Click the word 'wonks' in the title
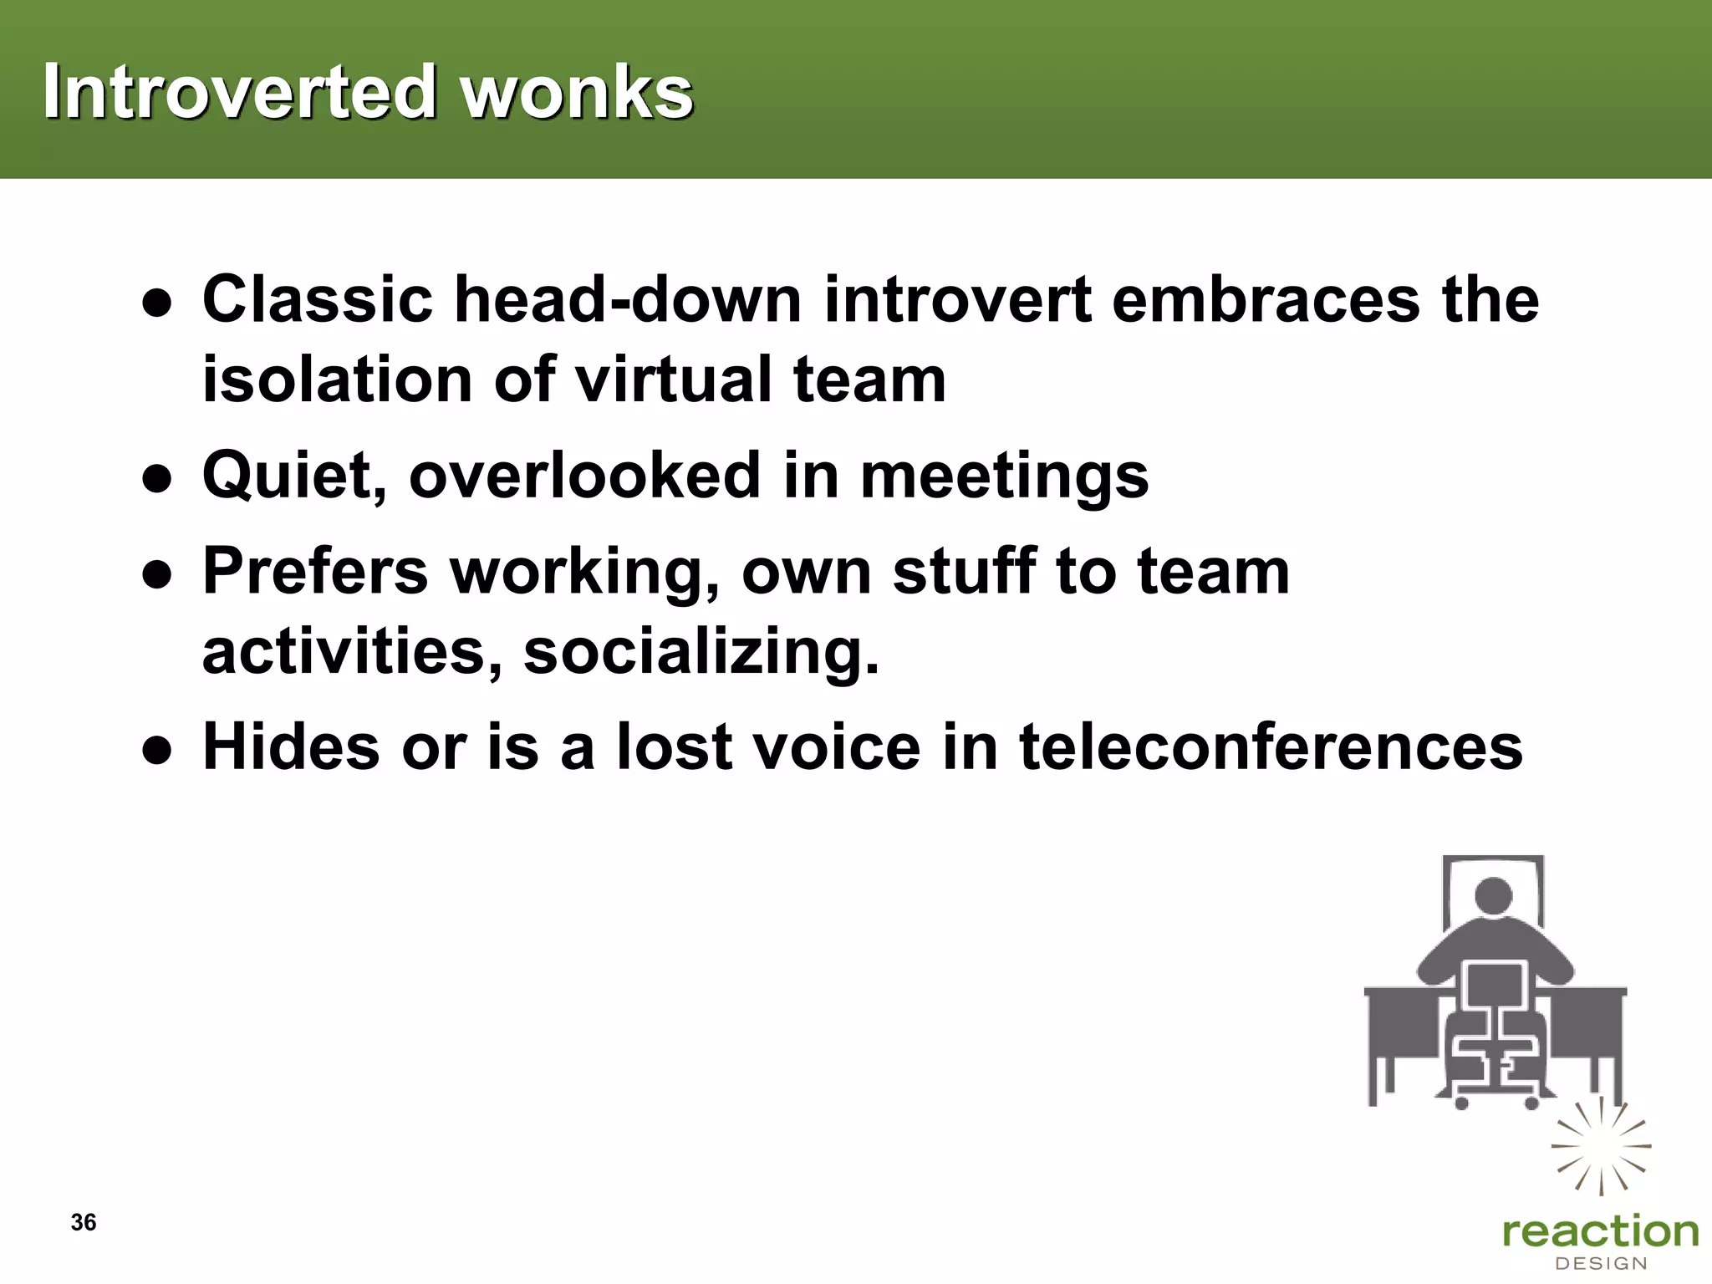pos(576,91)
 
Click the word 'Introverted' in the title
pos(239,91)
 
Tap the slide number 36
pos(84,1222)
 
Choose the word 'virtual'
pos(675,380)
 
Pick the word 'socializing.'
pos(701,652)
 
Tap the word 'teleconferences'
pos(1271,746)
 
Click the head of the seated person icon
pos(1493,895)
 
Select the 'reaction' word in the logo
pos(1600,1232)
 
